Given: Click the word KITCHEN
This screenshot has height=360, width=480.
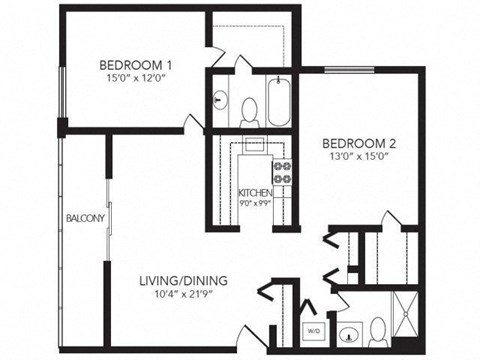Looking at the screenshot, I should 255,192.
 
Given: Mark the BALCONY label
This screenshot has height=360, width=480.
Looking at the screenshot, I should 85,217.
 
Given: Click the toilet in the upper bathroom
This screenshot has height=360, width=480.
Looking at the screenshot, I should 250,109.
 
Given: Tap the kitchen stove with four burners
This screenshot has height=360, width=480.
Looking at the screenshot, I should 283,173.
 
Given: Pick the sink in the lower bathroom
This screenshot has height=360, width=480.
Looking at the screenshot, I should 348,332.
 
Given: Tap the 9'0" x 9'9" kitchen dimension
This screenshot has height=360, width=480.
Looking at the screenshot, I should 255,204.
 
